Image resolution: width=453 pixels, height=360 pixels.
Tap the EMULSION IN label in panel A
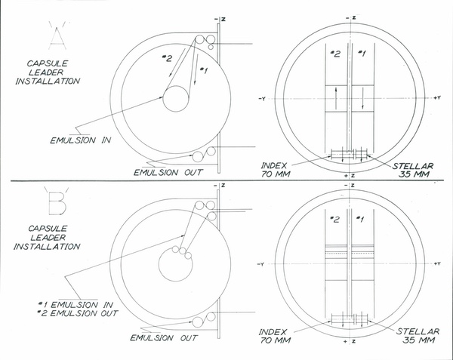(x=81, y=140)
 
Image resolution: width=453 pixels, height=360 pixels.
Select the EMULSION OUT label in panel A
(x=168, y=173)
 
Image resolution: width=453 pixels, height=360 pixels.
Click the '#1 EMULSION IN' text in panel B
(x=75, y=305)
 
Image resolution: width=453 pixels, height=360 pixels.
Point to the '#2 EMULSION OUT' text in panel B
(x=78, y=313)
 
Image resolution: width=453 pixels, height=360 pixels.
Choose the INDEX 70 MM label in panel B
(x=275, y=336)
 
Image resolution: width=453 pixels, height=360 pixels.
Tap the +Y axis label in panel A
(x=437, y=98)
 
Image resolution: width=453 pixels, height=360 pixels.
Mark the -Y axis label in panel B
(x=260, y=264)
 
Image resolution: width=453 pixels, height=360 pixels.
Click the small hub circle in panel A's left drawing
(x=176, y=99)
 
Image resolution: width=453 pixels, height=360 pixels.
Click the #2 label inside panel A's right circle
(x=335, y=54)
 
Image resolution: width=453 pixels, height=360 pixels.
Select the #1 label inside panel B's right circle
(x=359, y=220)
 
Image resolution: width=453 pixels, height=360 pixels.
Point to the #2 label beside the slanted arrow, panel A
(x=167, y=59)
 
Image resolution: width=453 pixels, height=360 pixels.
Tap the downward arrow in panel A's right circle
(x=363, y=98)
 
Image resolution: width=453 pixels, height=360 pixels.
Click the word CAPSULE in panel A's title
(x=48, y=63)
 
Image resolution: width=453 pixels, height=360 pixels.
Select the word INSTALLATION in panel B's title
(x=47, y=247)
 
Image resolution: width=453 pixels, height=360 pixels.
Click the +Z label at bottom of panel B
(x=350, y=342)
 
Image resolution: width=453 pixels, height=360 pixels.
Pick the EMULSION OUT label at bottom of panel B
(x=164, y=338)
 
